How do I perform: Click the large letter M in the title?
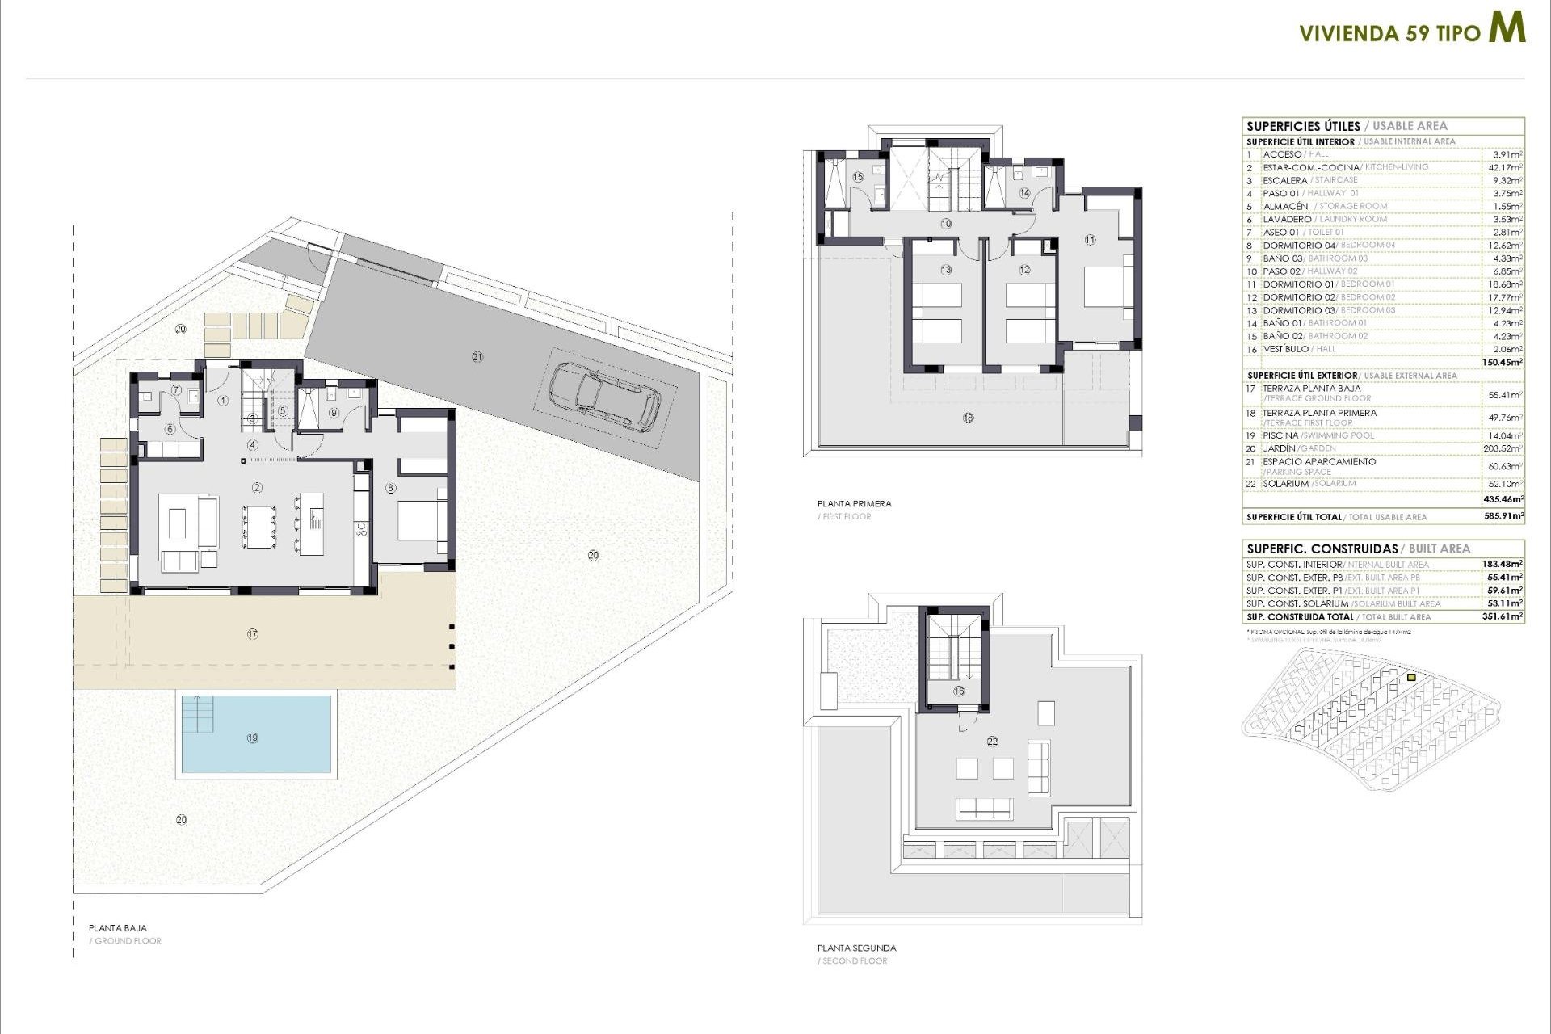pyautogui.click(x=1507, y=28)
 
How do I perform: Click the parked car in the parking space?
pyautogui.click(x=604, y=396)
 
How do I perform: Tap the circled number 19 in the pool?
pyautogui.click(x=253, y=738)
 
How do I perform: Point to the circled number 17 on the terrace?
pyautogui.click(x=253, y=634)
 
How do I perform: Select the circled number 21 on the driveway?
pyautogui.click(x=477, y=356)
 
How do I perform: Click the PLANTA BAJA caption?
pyautogui.click(x=118, y=928)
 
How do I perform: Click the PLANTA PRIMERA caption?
pyautogui.click(x=854, y=503)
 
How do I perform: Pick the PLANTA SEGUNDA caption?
pyautogui.click(x=856, y=948)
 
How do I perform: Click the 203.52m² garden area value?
pyautogui.click(x=1504, y=448)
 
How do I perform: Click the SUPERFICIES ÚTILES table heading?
pyautogui.click(x=1303, y=126)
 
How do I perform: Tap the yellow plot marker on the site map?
pyautogui.click(x=1411, y=678)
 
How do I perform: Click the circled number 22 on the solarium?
pyautogui.click(x=993, y=741)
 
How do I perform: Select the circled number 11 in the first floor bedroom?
pyautogui.click(x=1090, y=240)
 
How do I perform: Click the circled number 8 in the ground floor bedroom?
pyautogui.click(x=391, y=488)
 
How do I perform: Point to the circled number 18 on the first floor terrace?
pyautogui.click(x=968, y=418)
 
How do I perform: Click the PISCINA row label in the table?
pyautogui.click(x=1280, y=435)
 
